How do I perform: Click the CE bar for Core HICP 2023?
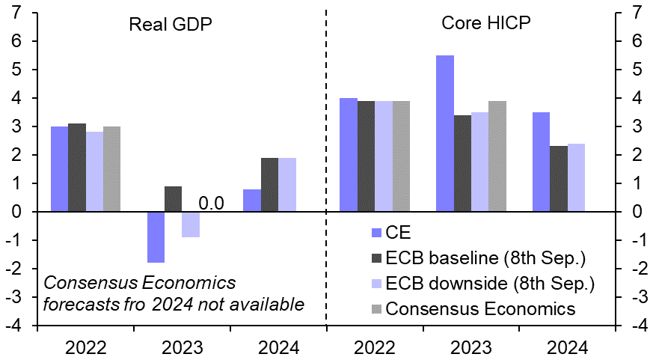click(445, 133)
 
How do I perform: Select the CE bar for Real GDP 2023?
click(156, 237)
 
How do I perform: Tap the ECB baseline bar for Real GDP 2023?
click(173, 199)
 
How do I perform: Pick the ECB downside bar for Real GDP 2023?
click(191, 225)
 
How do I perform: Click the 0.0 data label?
click(212, 203)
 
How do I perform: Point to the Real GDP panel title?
click(171, 23)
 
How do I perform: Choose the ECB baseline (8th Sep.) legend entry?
click(475, 257)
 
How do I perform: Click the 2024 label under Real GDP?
click(278, 348)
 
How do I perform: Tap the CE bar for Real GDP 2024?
click(252, 201)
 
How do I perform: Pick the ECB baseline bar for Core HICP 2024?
click(559, 179)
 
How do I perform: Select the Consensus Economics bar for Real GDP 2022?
click(112, 169)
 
